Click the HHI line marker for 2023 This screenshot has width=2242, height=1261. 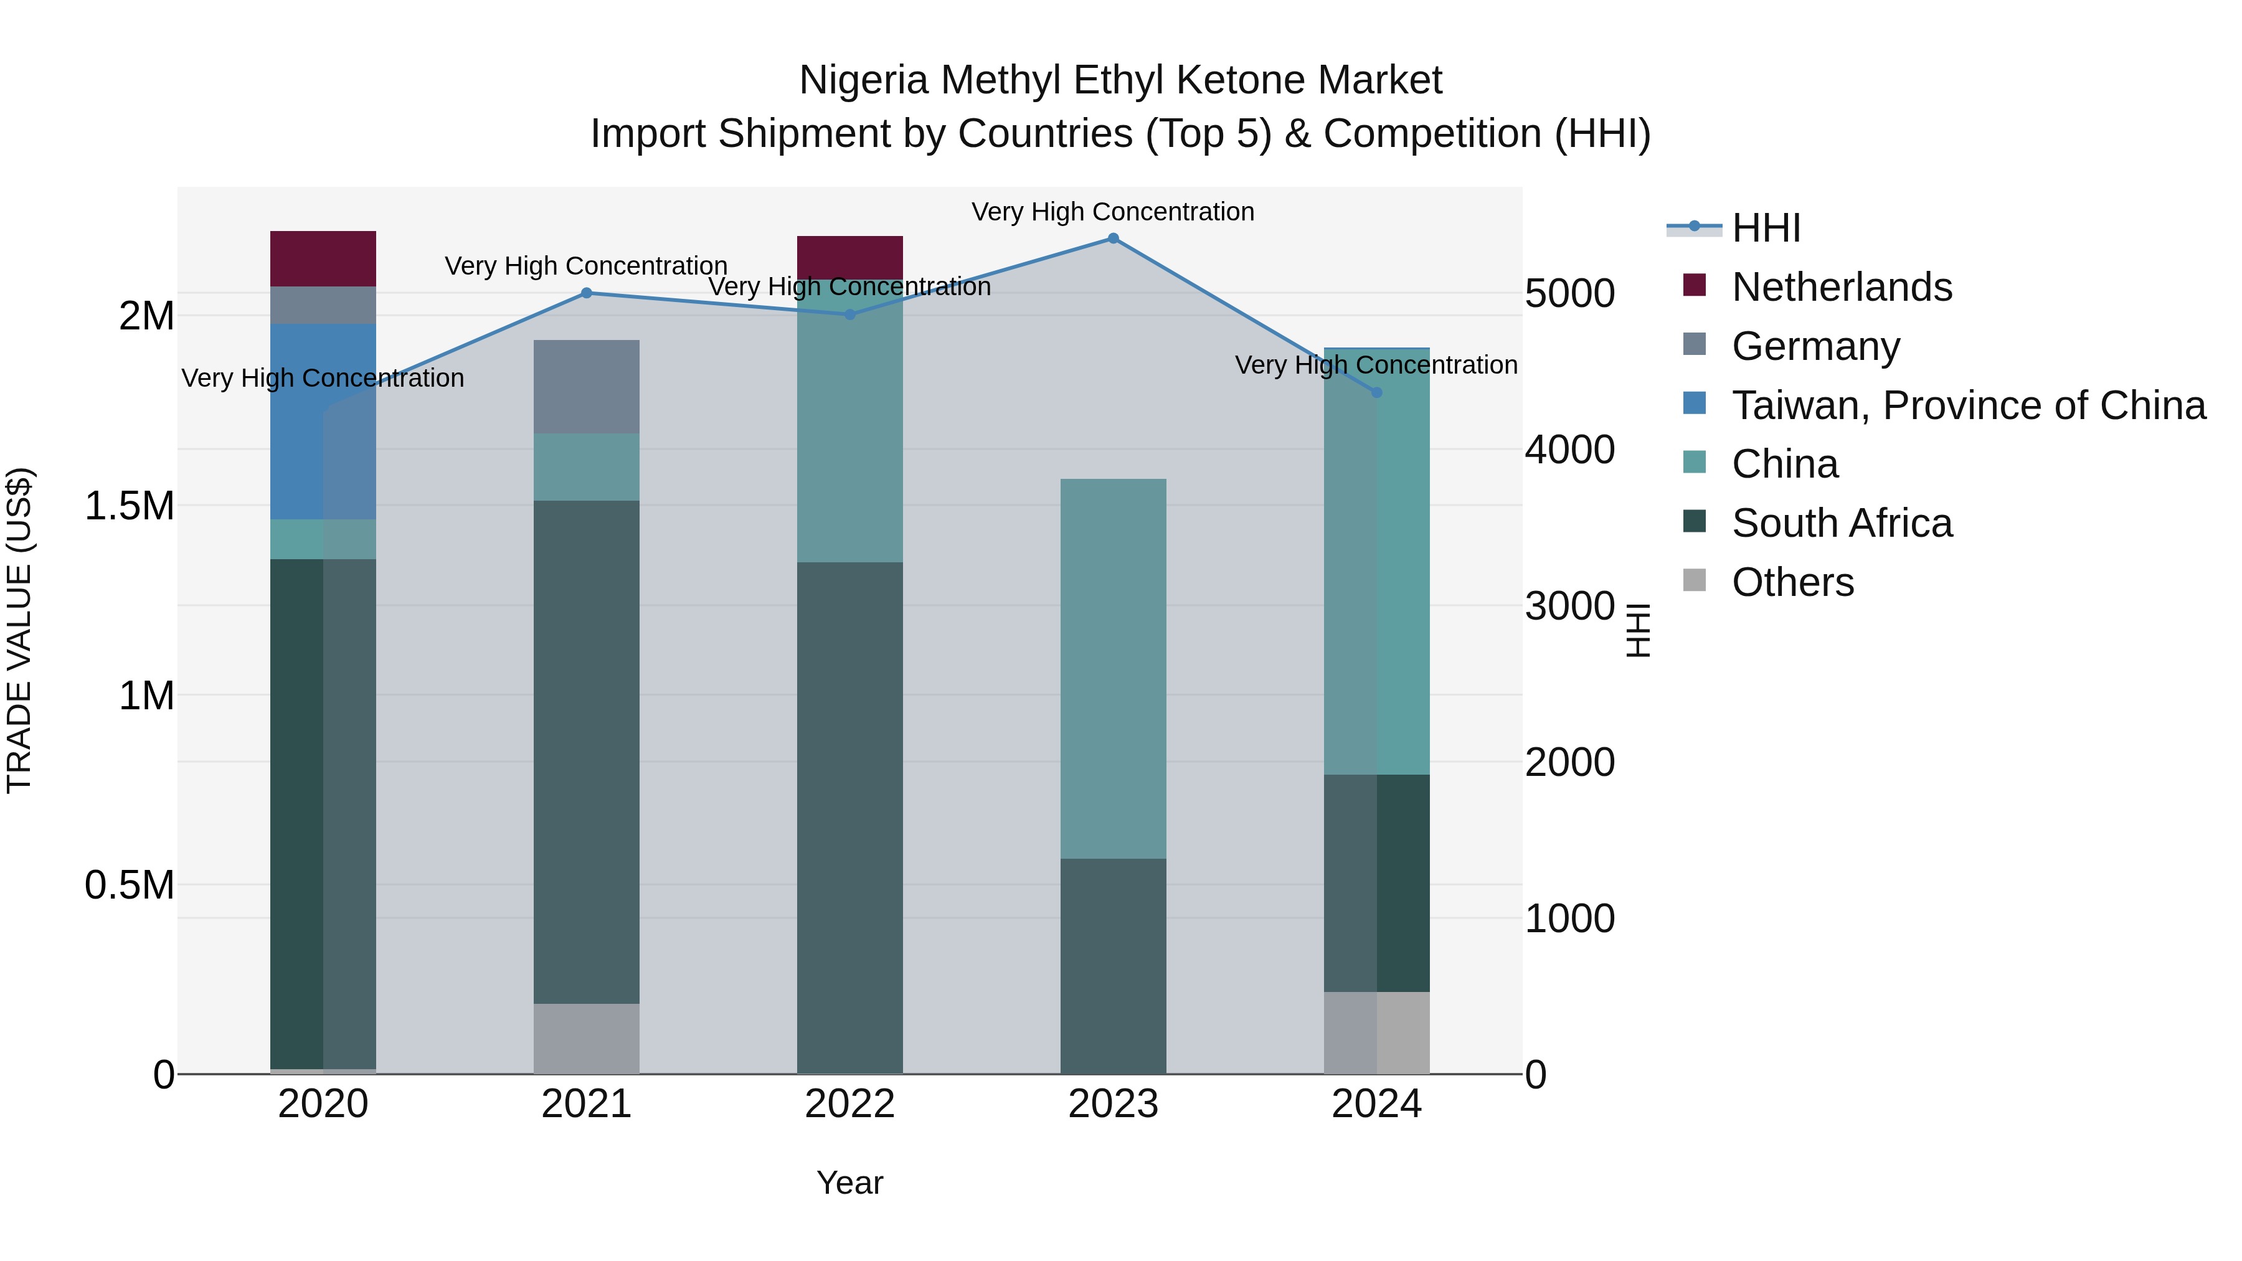tap(1113, 239)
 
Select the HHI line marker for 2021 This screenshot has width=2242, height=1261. tap(587, 293)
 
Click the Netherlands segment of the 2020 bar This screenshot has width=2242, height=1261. tap(323, 258)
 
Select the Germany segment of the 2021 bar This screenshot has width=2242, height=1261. tap(587, 386)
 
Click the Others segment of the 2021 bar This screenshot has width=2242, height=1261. tap(587, 1038)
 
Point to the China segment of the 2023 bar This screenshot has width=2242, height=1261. tap(1113, 668)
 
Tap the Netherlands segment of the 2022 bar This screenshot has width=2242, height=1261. tap(850, 257)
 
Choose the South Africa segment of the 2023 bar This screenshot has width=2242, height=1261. tap(1113, 966)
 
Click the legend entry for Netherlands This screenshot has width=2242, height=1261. tap(1842, 287)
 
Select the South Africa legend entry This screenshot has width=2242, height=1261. tap(1842, 523)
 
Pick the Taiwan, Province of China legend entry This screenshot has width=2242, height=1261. tap(1968, 405)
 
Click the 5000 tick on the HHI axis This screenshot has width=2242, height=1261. tap(1569, 293)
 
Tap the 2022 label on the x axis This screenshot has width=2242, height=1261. tap(850, 1104)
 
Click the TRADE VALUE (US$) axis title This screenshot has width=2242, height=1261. tap(19, 630)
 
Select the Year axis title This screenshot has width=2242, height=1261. tap(849, 1183)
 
